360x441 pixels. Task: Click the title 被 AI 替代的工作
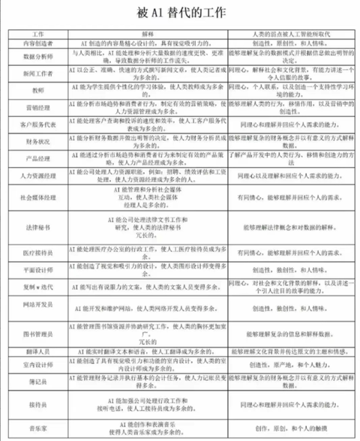pyautogui.click(x=181, y=13)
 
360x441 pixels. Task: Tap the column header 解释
pyautogui.click(x=147, y=34)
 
